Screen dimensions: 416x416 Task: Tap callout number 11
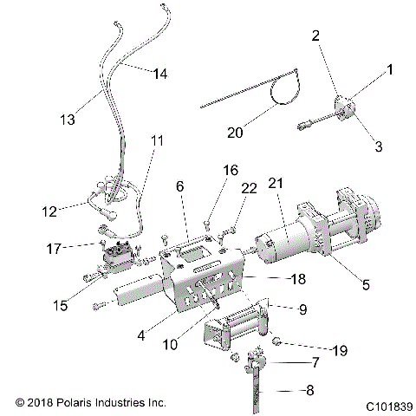156,140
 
